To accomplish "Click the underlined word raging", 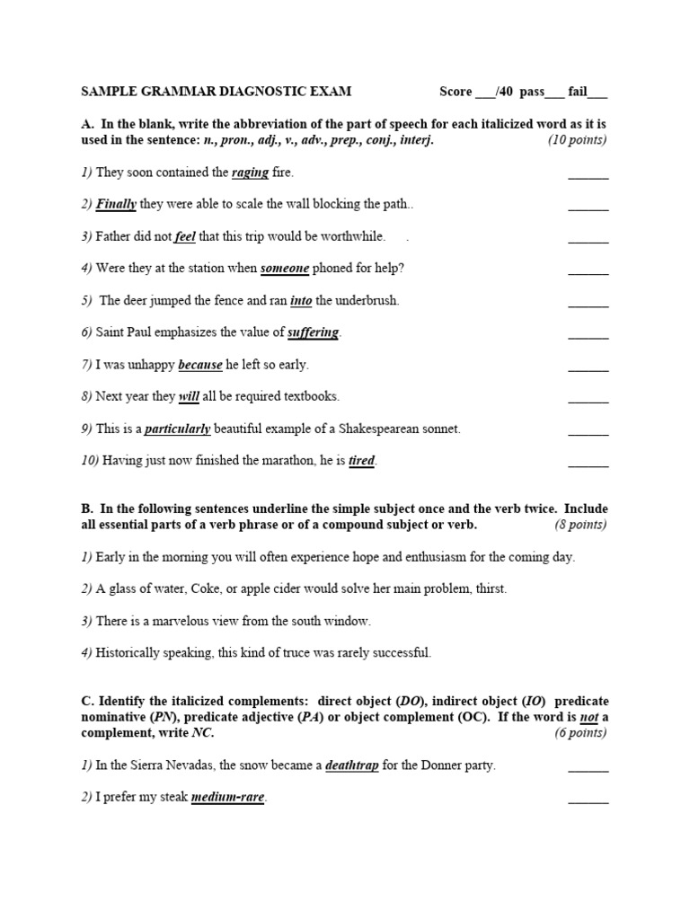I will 250,172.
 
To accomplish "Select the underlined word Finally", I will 116,204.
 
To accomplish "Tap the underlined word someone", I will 285,268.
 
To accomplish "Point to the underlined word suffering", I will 313,332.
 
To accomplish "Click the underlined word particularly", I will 177,429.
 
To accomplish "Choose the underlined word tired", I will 361,461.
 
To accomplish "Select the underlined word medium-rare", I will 228,798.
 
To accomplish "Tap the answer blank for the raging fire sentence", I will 588,175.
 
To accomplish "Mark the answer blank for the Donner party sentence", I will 588,769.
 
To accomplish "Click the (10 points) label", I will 578,140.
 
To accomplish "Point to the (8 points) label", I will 580,525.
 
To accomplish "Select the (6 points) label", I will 580,733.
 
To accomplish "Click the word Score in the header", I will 456,92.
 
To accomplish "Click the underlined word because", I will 200,365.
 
